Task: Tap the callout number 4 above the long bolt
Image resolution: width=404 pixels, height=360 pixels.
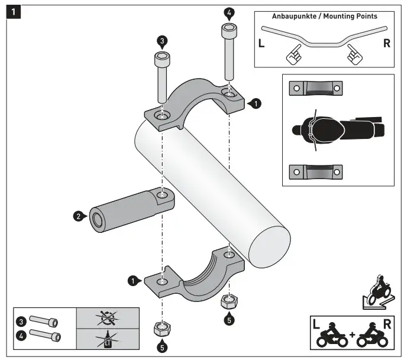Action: click(229, 12)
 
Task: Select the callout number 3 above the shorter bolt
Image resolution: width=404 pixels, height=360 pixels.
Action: click(161, 41)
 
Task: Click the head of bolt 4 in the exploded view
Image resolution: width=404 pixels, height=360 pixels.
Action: click(229, 30)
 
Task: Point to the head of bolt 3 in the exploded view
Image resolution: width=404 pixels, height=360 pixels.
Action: click(161, 59)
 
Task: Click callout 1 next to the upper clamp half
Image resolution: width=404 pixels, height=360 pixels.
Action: click(255, 103)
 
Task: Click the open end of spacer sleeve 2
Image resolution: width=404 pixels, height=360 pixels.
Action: click(96, 219)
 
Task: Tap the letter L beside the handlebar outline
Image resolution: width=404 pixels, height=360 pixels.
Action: click(261, 44)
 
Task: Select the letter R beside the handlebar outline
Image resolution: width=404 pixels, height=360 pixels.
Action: click(386, 44)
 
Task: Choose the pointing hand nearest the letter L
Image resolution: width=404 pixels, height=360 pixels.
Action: click(292, 56)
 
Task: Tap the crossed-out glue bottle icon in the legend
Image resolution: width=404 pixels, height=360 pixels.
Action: click(108, 340)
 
